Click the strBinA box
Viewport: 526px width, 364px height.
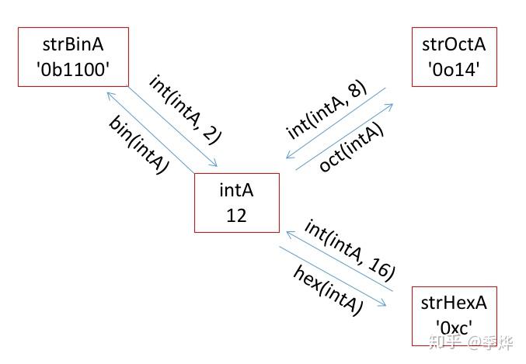click(x=73, y=57)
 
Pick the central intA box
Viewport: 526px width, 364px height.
click(x=236, y=203)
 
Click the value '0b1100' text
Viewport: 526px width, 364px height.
click(x=73, y=71)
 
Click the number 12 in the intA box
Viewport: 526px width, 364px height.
click(x=236, y=216)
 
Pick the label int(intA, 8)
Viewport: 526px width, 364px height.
click(x=326, y=109)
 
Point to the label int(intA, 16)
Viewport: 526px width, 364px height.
click(x=350, y=249)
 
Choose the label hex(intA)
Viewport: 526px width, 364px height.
click(x=328, y=289)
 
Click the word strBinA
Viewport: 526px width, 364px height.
click(x=73, y=43)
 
